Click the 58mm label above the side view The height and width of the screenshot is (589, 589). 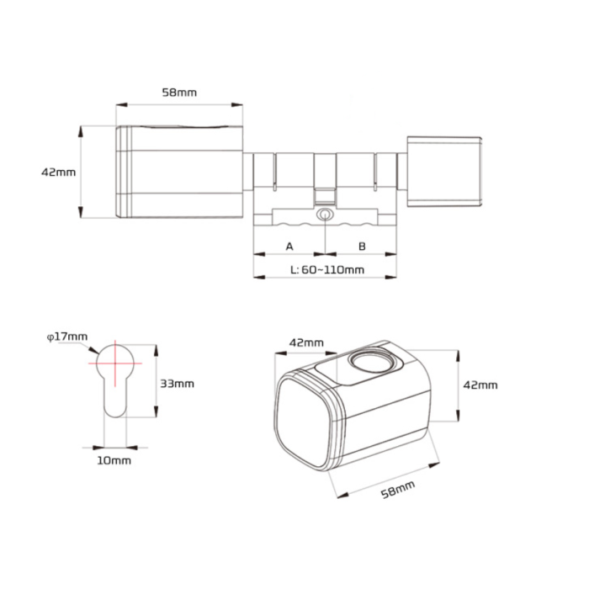[x=179, y=93]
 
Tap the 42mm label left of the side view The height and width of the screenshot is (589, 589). [x=58, y=172]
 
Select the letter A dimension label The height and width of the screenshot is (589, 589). [x=289, y=247]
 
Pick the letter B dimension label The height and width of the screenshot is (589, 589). [x=362, y=247]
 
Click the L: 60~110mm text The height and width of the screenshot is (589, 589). [x=327, y=270]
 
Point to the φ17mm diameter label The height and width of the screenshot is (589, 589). [x=66, y=337]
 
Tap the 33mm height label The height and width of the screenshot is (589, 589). [x=177, y=384]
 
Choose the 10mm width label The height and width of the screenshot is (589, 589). [x=114, y=460]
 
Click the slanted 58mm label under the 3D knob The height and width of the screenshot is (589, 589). [x=398, y=490]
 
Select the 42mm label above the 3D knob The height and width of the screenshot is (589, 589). [x=306, y=342]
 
